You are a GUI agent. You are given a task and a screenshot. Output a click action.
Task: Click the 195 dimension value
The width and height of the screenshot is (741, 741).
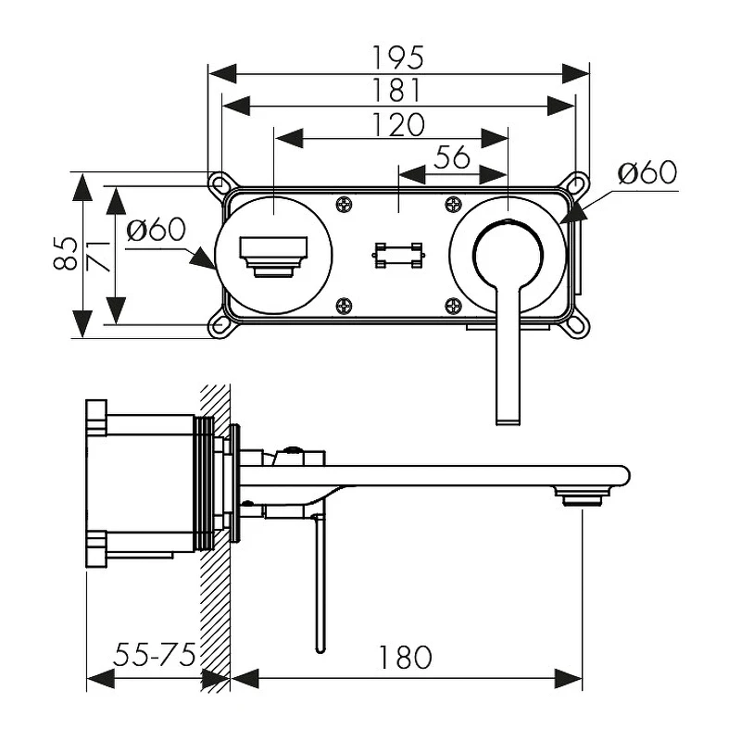(x=398, y=57)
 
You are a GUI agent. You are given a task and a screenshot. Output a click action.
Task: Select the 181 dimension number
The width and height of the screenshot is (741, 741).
(x=397, y=90)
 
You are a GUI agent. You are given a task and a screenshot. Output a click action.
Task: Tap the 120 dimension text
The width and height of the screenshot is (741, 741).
(x=398, y=124)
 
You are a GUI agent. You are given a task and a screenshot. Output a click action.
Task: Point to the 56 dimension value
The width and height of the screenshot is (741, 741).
(x=452, y=157)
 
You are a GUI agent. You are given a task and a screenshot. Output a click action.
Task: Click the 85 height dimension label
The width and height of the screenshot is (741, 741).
(x=65, y=253)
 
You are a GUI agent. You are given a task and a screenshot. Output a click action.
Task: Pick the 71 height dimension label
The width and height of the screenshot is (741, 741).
(x=99, y=257)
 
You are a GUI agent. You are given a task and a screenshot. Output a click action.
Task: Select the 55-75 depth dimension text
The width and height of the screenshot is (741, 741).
(x=155, y=655)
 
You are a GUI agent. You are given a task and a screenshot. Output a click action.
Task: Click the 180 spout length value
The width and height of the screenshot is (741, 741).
(x=405, y=657)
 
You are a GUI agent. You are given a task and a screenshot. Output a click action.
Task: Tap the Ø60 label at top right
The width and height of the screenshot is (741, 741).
(x=647, y=172)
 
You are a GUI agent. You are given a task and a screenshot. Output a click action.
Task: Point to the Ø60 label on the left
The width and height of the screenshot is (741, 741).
(x=157, y=230)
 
